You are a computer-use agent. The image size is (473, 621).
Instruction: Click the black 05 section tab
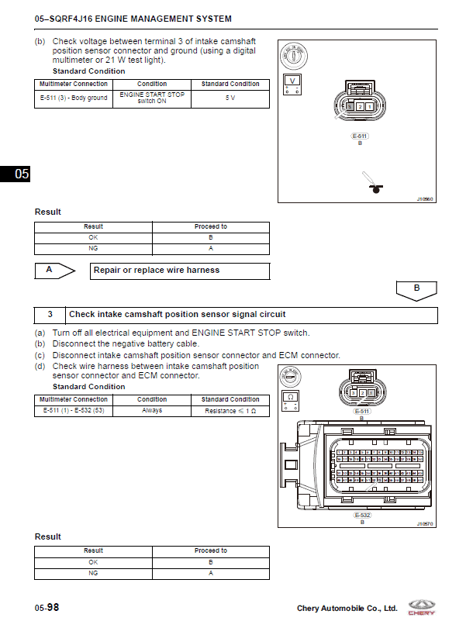(16, 174)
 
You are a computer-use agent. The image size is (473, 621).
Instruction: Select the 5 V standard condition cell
(230, 98)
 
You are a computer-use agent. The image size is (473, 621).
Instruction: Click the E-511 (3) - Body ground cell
(74, 98)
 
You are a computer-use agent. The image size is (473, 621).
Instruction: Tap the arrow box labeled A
(54, 271)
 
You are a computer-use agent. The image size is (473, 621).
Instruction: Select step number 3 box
(50, 315)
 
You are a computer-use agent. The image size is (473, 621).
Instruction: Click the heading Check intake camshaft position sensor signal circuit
(178, 315)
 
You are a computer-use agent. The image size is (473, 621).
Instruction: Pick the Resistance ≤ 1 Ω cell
(230, 410)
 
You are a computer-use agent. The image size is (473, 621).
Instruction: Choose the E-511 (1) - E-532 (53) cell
(74, 410)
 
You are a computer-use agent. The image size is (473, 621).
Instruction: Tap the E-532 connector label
(361, 515)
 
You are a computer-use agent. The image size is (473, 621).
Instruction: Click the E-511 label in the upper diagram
(360, 136)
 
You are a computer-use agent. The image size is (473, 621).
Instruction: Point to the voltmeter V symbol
(292, 81)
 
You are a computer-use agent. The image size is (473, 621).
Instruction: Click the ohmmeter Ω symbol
(289, 397)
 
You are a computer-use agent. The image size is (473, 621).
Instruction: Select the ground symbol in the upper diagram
(378, 188)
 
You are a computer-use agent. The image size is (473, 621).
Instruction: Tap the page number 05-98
(47, 608)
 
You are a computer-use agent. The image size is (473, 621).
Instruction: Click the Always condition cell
(152, 410)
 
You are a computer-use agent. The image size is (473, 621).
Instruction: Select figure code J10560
(424, 198)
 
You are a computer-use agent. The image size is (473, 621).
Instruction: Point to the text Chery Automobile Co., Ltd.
(347, 609)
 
